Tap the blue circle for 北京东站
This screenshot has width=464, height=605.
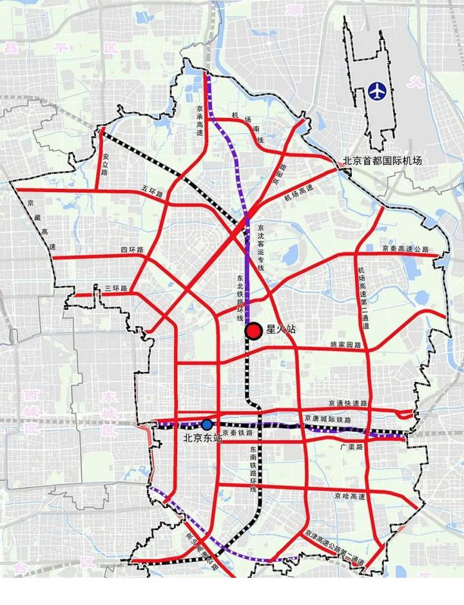pos(207,425)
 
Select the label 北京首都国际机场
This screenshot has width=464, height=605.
pos(382,160)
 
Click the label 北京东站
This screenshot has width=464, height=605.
pos(203,438)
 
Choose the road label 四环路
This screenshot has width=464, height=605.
pos(131,249)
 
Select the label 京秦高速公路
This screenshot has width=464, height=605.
pos(405,248)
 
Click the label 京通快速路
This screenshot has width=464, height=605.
pos(346,403)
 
